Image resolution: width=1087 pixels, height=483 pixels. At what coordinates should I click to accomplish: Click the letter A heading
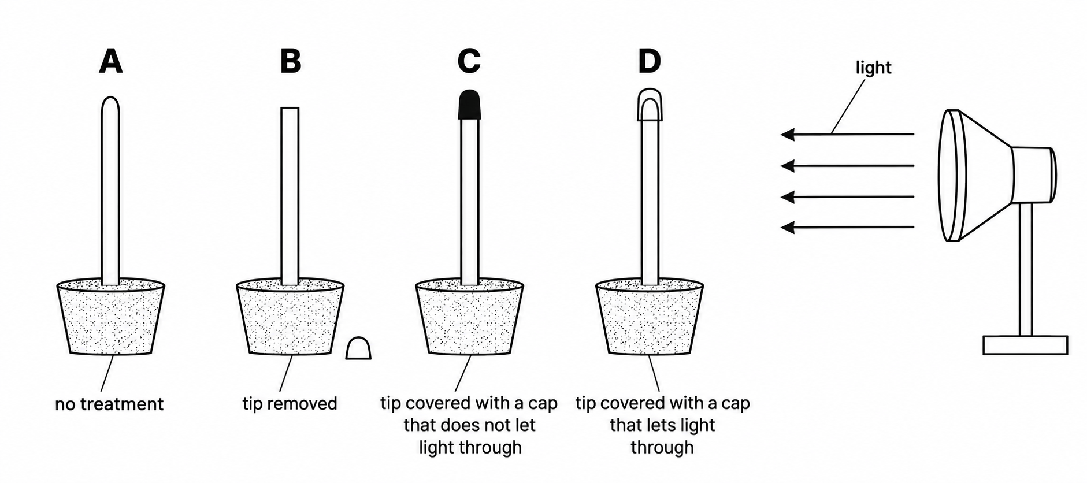[111, 61]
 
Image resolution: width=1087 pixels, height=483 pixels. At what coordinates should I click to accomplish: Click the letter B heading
[291, 61]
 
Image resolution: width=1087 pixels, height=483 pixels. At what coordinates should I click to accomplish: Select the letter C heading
[469, 61]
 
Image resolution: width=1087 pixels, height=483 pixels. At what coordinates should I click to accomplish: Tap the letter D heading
[650, 61]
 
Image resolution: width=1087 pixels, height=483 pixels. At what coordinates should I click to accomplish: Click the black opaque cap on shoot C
[469, 105]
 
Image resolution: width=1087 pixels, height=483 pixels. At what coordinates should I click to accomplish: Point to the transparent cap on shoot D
[650, 105]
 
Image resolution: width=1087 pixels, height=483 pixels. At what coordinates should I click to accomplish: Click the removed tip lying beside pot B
[358, 348]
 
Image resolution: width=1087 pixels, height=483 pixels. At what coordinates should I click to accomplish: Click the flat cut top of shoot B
[290, 108]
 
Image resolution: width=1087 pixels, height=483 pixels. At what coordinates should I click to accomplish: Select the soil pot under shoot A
[111, 317]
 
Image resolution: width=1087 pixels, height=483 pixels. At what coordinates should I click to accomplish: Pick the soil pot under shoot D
[650, 317]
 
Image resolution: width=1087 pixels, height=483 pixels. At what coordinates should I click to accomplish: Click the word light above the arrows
[873, 68]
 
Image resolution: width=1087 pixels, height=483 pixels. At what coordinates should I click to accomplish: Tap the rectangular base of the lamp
[1025, 345]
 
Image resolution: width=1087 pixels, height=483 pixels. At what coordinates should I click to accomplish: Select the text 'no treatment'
[109, 404]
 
